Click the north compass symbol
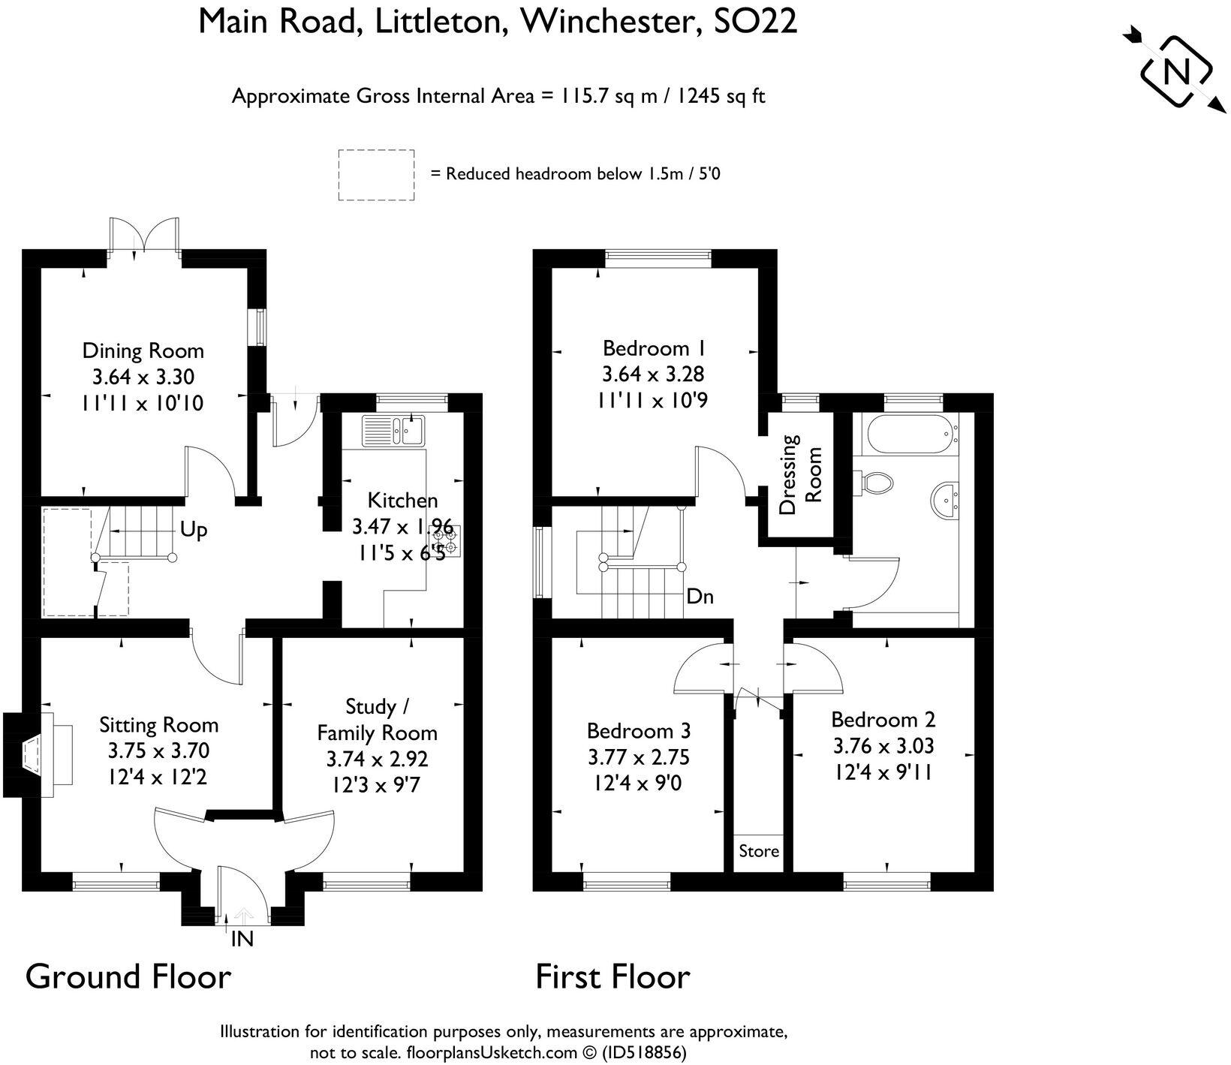(x=1175, y=72)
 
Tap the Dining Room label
(x=143, y=350)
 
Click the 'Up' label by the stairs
(x=194, y=530)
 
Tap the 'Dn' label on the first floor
(x=700, y=597)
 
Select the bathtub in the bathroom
(x=913, y=436)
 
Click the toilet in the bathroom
(x=874, y=482)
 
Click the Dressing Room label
(x=800, y=474)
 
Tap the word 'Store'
(x=759, y=851)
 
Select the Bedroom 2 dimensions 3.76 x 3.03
(x=883, y=746)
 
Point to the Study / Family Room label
(x=377, y=719)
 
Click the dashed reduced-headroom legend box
(x=376, y=175)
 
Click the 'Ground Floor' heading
(x=128, y=977)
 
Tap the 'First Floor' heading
(x=612, y=977)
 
